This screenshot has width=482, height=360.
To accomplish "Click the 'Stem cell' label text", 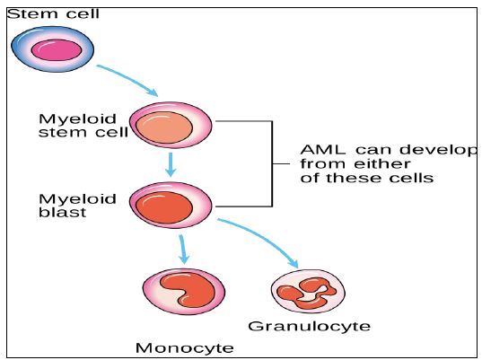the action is coord(53,14).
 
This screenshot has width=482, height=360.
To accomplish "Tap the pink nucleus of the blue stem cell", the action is coord(57,50).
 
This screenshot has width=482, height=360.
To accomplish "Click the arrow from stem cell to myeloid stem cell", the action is coord(127,80).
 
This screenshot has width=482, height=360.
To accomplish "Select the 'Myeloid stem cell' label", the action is coord(83,126).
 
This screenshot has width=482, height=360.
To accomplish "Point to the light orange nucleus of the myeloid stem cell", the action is coord(164,127).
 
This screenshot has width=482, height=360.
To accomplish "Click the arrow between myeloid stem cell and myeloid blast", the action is coord(171,165).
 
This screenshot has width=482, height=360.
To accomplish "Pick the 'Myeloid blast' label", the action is coord(77,206).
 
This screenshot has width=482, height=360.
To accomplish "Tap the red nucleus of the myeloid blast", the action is coord(164,207).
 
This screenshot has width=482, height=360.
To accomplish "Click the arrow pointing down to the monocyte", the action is coord(183,250).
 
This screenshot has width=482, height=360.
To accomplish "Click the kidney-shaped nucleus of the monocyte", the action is coord(188,289).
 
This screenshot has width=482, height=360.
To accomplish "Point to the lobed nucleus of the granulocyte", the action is coord(306,293).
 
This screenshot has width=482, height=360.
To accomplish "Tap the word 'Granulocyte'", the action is coord(310,326).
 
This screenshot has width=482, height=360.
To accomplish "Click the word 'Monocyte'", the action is coord(184,348).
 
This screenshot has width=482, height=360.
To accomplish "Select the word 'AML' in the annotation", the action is coord(323,150).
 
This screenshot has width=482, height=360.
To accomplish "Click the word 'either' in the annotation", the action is coord(382,164).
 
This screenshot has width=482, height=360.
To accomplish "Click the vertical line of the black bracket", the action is coord(272,164).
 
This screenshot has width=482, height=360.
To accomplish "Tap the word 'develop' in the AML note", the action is coord(439,151).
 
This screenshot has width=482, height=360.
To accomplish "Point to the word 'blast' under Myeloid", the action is coord(63,212).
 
